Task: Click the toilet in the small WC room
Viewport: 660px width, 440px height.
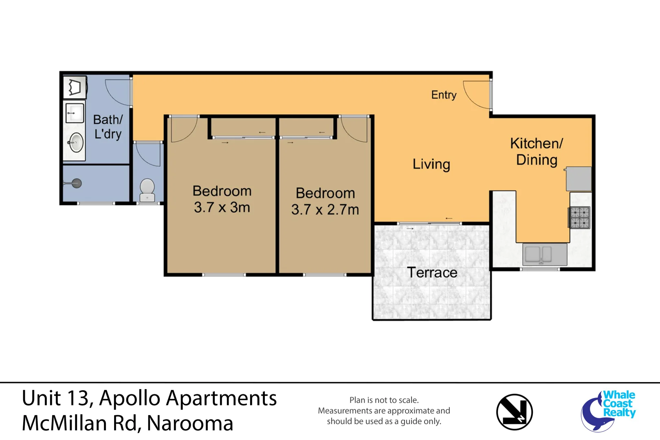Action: click(x=147, y=190)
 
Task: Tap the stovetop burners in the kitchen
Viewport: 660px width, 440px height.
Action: click(x=579, y=218)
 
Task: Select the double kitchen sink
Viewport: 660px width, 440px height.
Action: click(x=544, y=254)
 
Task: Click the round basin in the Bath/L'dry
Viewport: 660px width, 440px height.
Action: click(x=76, y=142)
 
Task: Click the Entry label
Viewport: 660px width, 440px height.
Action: click(x=444, y=95)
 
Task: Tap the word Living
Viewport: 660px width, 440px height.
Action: click(x=431, y=164)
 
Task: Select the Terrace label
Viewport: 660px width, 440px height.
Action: click(x=432, y=272)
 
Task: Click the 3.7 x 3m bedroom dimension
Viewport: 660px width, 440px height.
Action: click(x=222, y=207)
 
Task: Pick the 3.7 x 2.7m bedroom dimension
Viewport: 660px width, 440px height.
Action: click(x=325, y=209)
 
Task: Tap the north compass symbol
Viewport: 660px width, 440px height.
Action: click(x=515, y=412)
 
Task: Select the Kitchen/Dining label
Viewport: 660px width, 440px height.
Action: click(x=537, y=152)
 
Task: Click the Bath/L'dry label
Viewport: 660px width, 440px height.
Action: click(x=108, y=127)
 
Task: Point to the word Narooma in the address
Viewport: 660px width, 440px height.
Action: click(x=190, y=423)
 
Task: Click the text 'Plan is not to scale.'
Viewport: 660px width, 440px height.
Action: click(x=384, y=400)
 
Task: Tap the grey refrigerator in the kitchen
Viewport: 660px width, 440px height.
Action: click(x=579, y=179)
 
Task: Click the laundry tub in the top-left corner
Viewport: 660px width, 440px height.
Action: click(x=75, y=87)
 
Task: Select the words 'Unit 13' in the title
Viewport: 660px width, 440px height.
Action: click(x=55, y=398)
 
